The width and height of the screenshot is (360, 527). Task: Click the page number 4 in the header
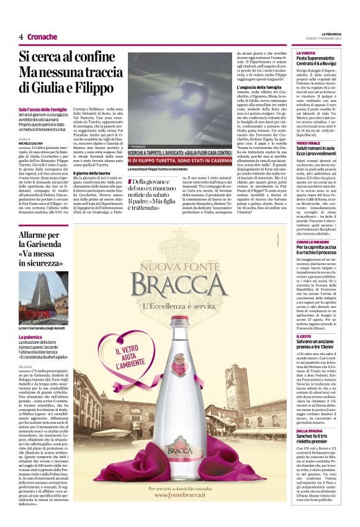[21, 37]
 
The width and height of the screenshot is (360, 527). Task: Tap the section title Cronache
[42, 37]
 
